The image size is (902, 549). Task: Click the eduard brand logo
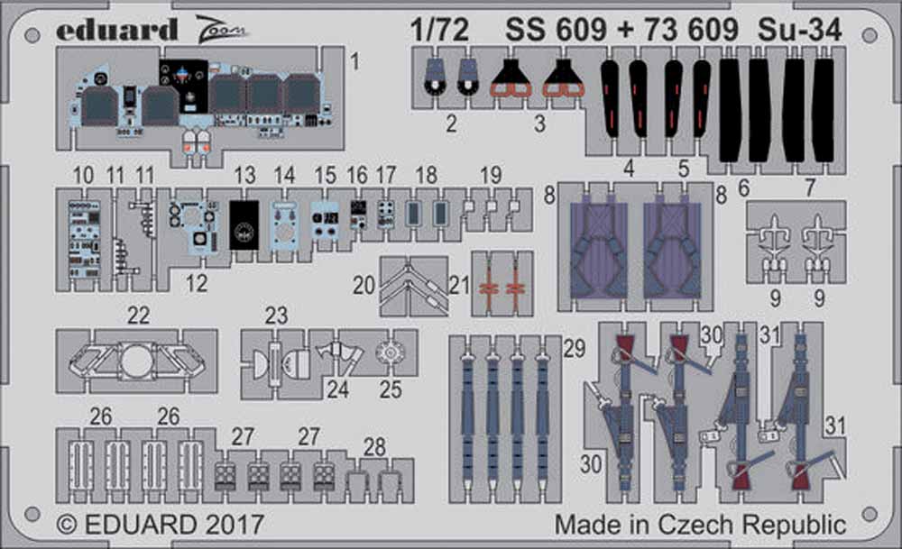coord(116,30)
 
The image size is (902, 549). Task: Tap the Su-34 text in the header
coord(799,30)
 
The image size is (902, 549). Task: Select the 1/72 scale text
coord(440,30)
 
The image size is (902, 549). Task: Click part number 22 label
coord(138,316)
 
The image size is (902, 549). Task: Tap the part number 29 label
coord(574,348)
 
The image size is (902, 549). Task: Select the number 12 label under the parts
coord(196,283)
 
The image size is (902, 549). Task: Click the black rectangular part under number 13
coord(244,224)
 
